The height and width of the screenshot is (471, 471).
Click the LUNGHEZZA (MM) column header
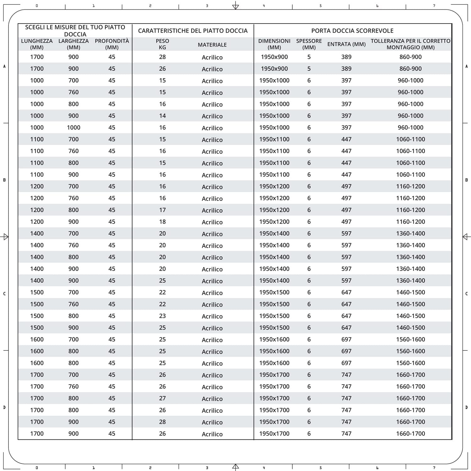[37, 44]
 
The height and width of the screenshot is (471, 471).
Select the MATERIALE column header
[212, 45]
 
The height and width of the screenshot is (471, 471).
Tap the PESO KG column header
[162, 44]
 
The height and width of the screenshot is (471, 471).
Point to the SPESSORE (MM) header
[309, 44]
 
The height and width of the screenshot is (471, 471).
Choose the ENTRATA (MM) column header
[346, 44]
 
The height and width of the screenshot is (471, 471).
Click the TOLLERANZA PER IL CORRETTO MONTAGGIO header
[410, 44]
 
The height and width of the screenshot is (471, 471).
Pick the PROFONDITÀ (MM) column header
[112, 44]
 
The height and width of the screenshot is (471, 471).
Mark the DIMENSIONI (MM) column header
[274, 44]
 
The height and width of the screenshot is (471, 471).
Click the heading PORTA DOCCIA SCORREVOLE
[352, 30]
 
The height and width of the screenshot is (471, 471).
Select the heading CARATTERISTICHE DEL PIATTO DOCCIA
[193, 30]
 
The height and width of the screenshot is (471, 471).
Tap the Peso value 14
[162, 116]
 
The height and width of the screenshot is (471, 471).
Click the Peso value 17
[162, 210]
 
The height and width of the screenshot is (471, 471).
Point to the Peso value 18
[162, 222]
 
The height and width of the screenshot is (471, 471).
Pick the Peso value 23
[162, 316]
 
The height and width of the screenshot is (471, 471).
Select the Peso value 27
[162, 398]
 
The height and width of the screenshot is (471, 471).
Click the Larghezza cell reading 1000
[73, 127]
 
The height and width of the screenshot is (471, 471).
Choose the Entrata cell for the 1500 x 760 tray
[346, 304]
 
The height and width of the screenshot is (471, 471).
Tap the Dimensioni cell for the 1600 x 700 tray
[274, 339]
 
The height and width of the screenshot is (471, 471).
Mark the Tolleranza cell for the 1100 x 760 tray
[410, 151]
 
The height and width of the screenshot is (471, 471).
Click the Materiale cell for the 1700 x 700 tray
[212, 375]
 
